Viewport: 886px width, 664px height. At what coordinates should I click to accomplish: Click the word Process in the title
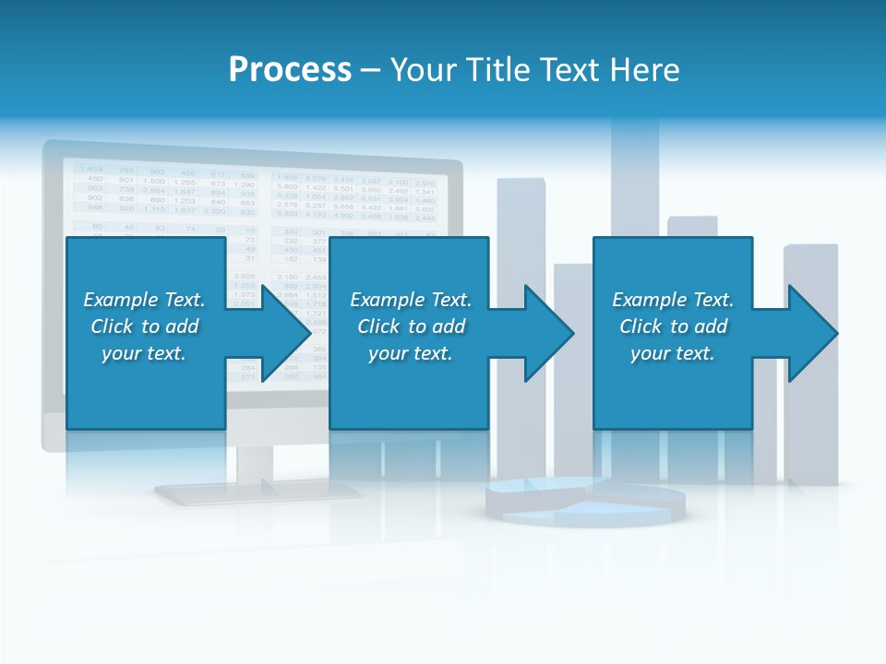pos(290,70)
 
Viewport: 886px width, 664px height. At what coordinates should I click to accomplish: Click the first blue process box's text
pos(145,326)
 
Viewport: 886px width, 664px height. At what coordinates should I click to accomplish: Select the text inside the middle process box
pos(410,326)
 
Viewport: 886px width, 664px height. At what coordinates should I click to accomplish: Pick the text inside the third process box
pos(673,326)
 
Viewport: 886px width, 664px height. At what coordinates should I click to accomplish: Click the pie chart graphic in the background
pos(585,502)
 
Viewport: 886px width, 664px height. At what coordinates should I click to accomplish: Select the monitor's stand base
pos(256,492)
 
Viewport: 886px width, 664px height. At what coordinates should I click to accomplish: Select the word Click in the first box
pos(112,326)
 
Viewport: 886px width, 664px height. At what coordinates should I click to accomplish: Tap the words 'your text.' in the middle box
pos(410,353)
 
